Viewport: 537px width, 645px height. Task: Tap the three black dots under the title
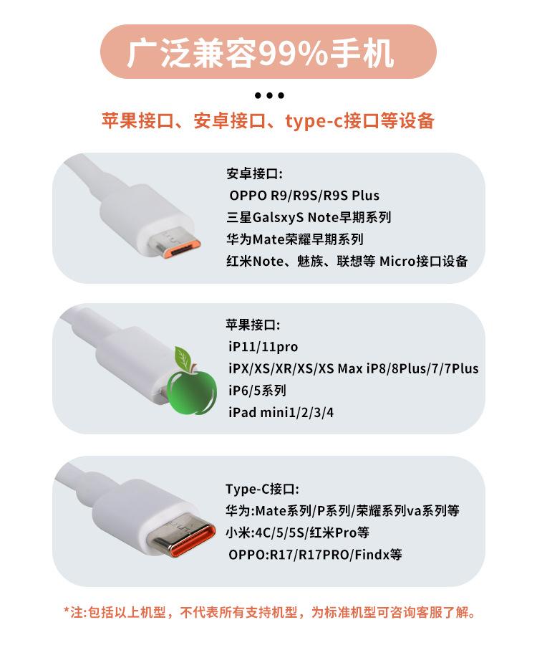click(x=269, y=95)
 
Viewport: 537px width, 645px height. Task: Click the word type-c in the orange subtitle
click(x=314, y=121)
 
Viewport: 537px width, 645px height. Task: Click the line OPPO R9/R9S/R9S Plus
click(x=304, y=196)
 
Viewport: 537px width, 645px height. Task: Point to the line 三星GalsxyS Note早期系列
click(x=309, y=217)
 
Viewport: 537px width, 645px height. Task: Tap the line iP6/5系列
click(x=257, y=391)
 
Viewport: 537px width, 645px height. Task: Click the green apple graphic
click(x=191, y=392)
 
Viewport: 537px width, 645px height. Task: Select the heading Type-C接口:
click(x=262, y=489)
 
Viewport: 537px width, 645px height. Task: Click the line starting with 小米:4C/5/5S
click(x=297, y=533)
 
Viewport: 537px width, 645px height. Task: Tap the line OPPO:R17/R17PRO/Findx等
click(x=315, y=555)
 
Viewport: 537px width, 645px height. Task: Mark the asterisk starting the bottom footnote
click(x=67, y=611)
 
